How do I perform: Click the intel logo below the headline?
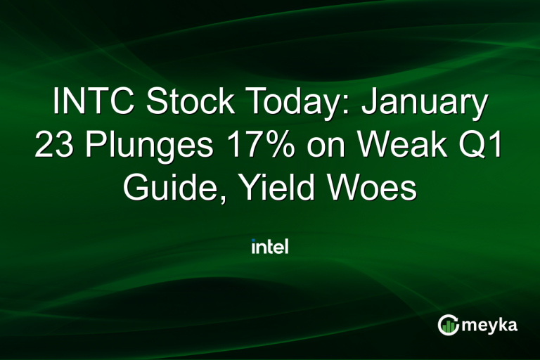pos(270,247)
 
